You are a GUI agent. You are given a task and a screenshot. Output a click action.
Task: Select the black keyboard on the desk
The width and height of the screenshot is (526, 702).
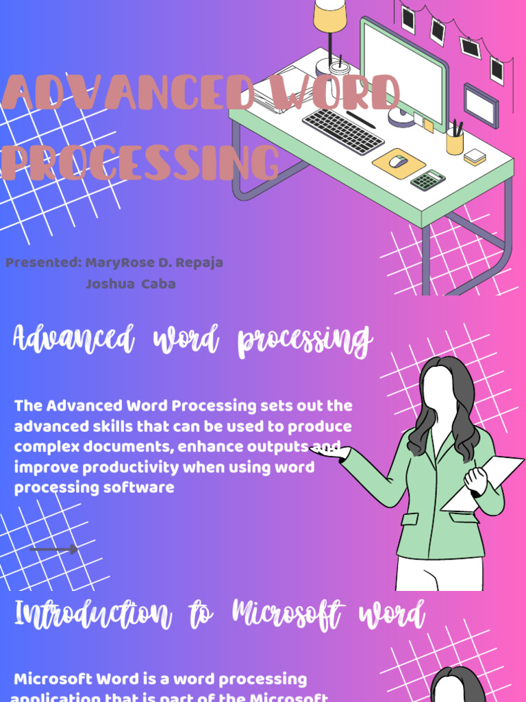coord(342,131)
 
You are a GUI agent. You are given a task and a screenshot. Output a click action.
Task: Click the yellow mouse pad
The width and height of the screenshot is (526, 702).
coord(398,163)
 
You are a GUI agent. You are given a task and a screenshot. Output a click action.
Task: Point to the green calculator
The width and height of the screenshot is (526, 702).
coord(427,180)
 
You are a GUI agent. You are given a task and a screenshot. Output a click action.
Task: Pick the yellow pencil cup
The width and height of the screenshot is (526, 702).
coord(455,141)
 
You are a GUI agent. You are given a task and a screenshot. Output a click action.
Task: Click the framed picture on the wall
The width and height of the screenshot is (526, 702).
coord(481,106)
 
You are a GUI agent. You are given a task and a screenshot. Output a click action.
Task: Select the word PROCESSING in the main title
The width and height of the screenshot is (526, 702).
coord(140,163)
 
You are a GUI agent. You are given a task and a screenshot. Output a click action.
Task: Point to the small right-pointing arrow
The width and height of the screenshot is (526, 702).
coord(54,549)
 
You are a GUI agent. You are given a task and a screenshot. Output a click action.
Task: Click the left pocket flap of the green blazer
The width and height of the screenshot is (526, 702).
coord(410,518)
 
